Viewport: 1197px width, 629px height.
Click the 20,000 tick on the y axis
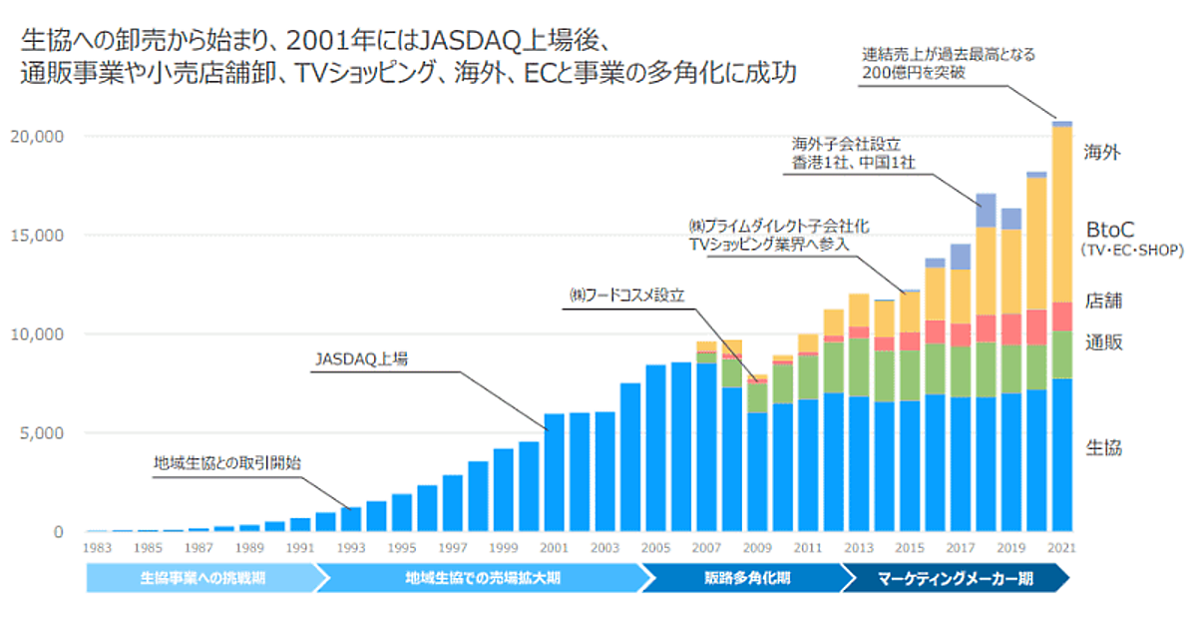pos(36,136)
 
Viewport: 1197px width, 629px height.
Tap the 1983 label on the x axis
pos(97,548)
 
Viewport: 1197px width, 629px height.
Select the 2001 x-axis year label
pos(555,548)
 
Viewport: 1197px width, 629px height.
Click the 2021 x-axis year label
pos(1062,548)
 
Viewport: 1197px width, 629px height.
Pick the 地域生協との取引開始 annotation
pos(227,462)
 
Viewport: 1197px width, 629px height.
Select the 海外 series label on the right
pos(1103,153)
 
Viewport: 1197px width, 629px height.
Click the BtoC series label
pos(1111,229)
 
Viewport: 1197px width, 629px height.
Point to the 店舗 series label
pos(1103,301)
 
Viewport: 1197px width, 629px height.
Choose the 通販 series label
pos(1103,342)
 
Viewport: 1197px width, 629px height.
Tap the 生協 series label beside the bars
pos(1103,447)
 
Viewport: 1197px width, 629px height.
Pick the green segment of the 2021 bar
pos(1062,354)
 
